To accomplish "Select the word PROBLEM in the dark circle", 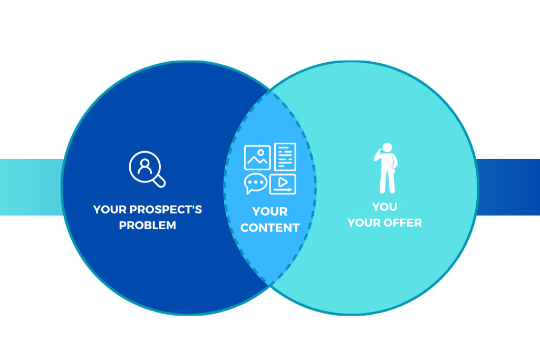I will coord(148,226).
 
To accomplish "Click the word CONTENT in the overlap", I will coord(270,228).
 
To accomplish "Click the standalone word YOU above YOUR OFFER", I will coord(385,206).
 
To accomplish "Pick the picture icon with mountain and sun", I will coord(257,157).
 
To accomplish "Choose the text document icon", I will coord(285,157).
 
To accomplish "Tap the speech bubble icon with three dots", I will coord(256,183).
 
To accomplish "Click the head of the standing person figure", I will coord(388,148).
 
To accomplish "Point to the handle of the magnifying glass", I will coord(159,181).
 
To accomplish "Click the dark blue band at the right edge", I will coord(509,187).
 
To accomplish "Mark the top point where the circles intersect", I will coord(271,91).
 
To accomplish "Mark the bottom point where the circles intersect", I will coord(270,285).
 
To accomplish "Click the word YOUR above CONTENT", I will coord(270,211).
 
